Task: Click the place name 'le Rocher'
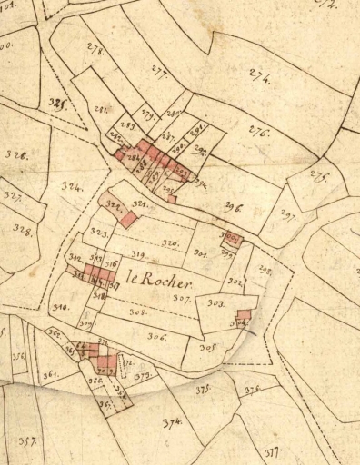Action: [x=161, y=278]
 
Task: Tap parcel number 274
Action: [x=258, y=79]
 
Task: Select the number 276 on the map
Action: [x=259, y=133]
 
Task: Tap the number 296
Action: [x=233, y=207]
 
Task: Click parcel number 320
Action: [x=170, y=243]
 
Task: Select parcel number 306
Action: [x=157, y=336]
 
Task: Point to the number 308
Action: [x=138, y=312]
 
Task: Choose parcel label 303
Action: [x=215, y=302]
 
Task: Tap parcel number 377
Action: [x=272, y=451]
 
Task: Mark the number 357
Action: [x=27, y=441]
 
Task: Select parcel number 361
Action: [x=50, y=374]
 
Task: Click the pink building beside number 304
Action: [x=243, y=314]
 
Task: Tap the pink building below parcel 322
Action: [x=128, y=220]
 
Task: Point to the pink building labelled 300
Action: [x=233, y=239]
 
